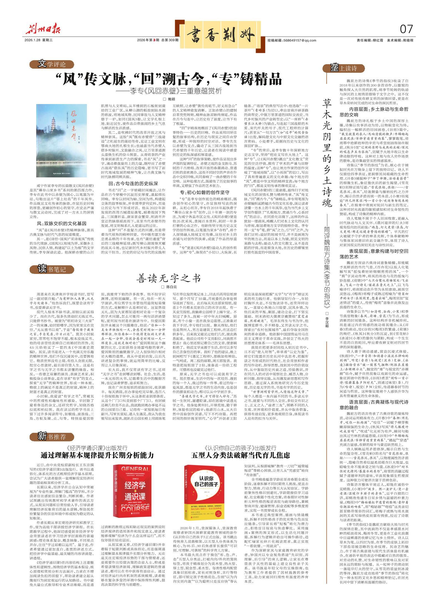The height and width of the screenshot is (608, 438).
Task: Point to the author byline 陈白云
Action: [171, 288]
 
